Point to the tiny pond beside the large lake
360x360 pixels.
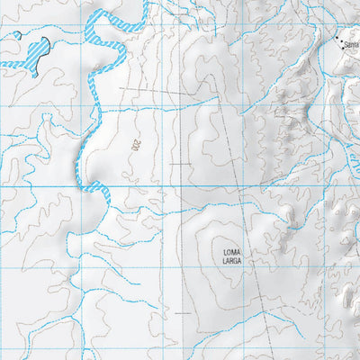click(16, 36)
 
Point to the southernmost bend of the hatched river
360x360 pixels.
click(87, 187)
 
